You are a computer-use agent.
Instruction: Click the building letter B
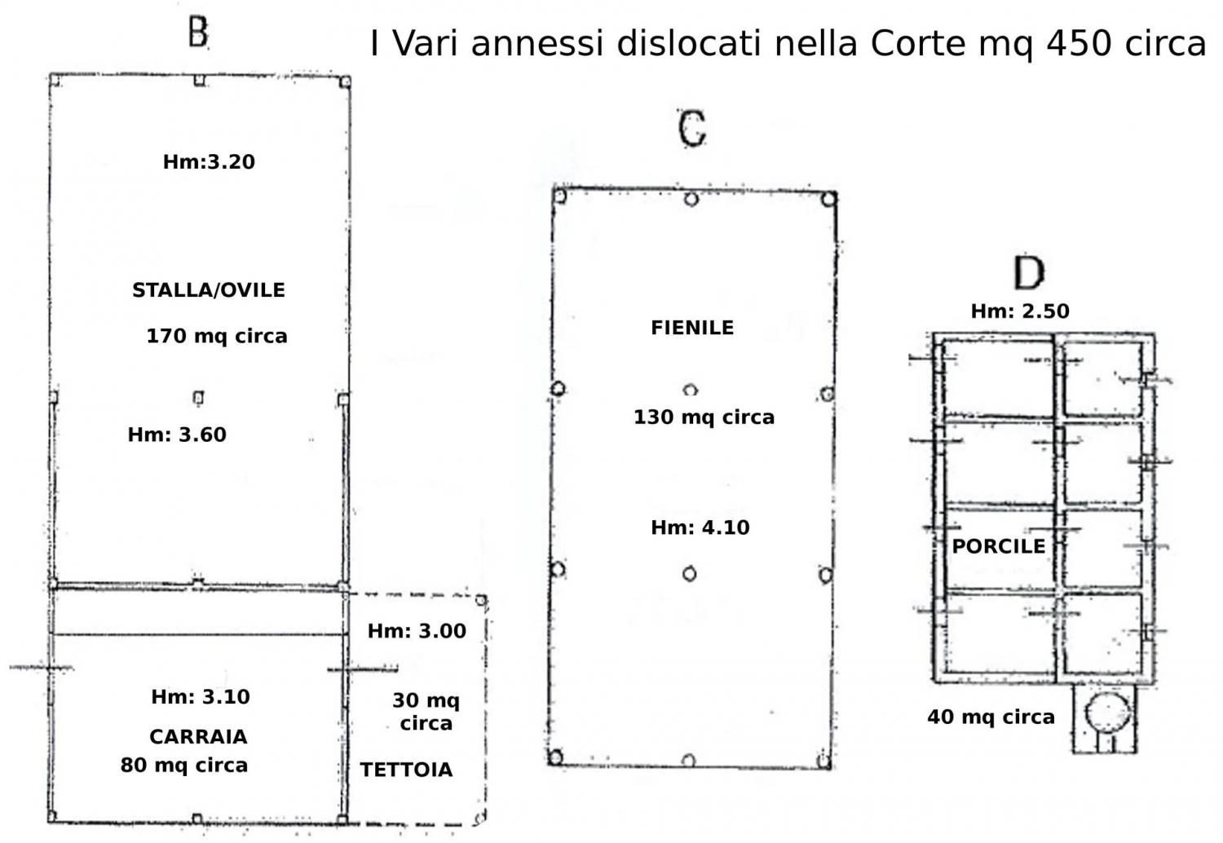(x=197, y=33)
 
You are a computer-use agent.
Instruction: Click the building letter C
(x=692, y=129)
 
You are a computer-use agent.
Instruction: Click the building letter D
(x=1029, y=273)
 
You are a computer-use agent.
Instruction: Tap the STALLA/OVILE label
(x=209, y=290)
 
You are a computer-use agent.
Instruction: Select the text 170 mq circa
(x=217, y=336)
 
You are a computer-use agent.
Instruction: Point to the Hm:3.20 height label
(x=209, y=161)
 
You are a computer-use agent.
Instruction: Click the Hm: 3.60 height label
(x=177, y=435)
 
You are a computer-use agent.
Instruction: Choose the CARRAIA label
(x=198, y=736)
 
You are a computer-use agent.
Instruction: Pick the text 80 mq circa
(x=184, y=765)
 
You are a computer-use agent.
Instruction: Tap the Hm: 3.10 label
(x=201, y=697)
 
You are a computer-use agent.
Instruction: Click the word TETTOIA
(x=406, y=770)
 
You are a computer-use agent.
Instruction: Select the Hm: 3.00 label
(x=417, y=630)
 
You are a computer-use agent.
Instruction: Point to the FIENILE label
(x=692, y=328)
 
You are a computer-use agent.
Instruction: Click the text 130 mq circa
(x=704, y=417)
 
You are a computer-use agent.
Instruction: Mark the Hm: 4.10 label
(x=700, y=527)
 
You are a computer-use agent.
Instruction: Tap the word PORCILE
(x=999, y=546)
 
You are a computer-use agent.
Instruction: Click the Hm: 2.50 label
(x=1020, y=311)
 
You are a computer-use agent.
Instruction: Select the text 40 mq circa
(x=991, y=717)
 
